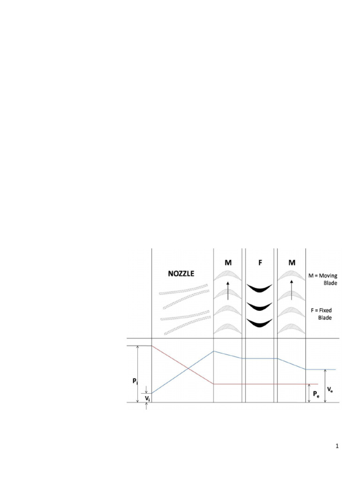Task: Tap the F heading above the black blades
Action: (x=260, y=263)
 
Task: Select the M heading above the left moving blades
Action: (x=228, y=263)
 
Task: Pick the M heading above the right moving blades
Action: (x=292, y=263)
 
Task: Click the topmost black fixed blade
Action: (x=260, y=288)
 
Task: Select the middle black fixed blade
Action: (x=260, y=306)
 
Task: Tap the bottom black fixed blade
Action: (x=260, y=323)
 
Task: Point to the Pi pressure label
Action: (x=135, y=382)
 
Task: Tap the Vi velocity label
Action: (x=148, y=398)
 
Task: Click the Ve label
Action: (x=330, y=389)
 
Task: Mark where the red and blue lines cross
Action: (x=188, y=367)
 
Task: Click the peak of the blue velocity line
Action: (x=214, y=351)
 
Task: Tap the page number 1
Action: (x=337, y=447)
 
